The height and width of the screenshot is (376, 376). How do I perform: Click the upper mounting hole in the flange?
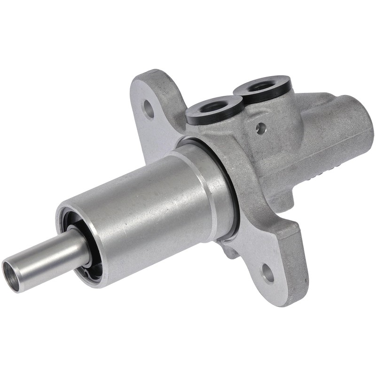tap(149, 110)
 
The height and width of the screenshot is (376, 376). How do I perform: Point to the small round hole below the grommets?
tap(260, 128)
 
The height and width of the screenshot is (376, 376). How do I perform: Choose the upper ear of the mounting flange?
tap(153, 94)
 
